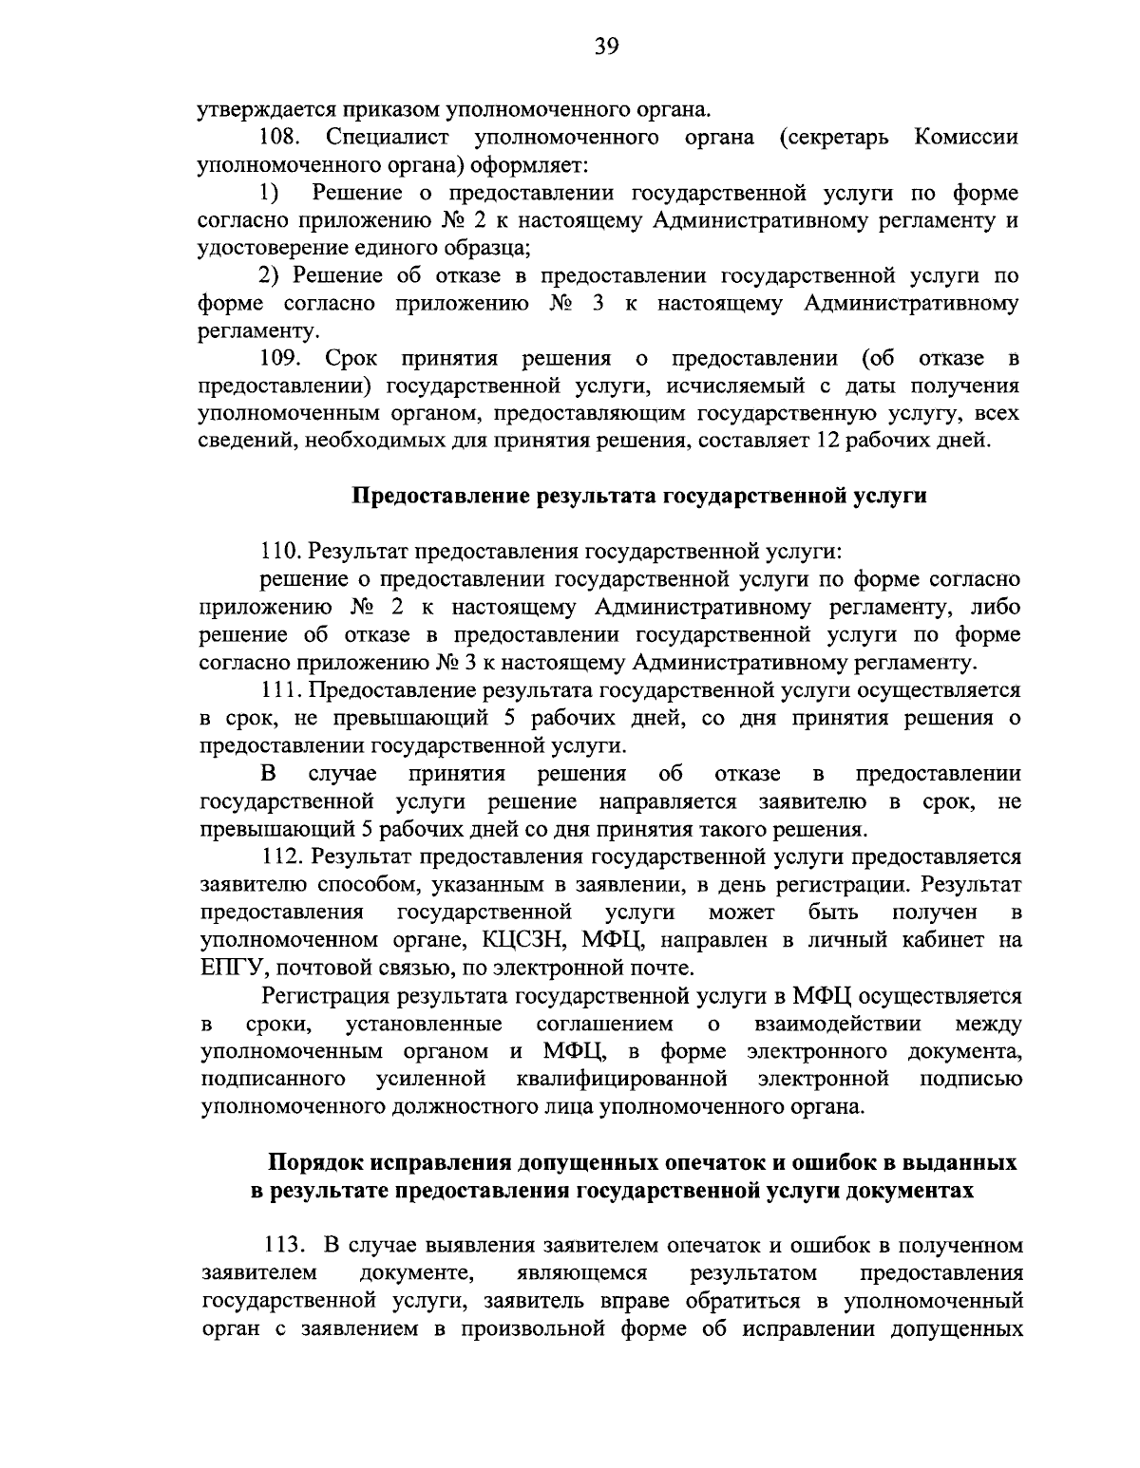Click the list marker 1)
pyautogui.click(x=269, y=194)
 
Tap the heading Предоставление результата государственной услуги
pyautogui.click(x=639, y=496)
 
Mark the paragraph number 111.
pyautogui.click(x=279, y=690)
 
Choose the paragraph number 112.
pyautogui.click(x=280, y=857)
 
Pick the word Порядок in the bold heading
pyautogui.click(x=316, y=1163)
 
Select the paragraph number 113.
pyautogui.click(x=280, y=1246)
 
